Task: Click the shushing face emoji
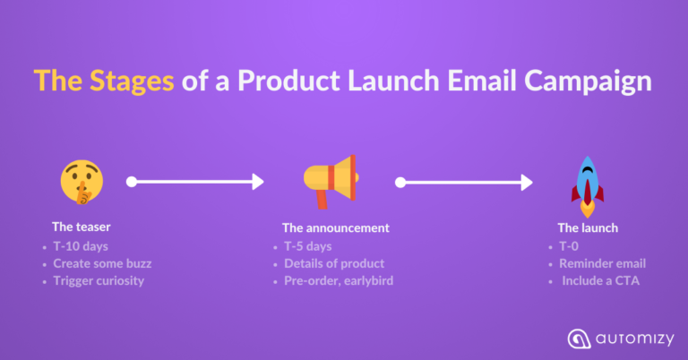pyautogui.click(x=80, y=181)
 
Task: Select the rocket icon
pyautogui.click(x=588, y=185)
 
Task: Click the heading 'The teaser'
pyautogui.click(x=81, y=227)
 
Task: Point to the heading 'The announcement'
pyautogui.click(x=336, y=227)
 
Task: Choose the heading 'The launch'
pyautogui.click(x=588, y=227)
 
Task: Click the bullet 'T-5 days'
pyautogui.click(x=307, y=245)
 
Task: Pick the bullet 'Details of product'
pyautogui.click(x=334, y=263)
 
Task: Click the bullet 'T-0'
pyautogui.click(x=569, y=245)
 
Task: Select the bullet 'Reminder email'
pyautogui.click(x=601, y=263)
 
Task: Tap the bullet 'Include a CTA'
pyautogui.click(x=599, y=281)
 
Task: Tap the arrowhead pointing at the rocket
pyautogui.click(x=527, y=183)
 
